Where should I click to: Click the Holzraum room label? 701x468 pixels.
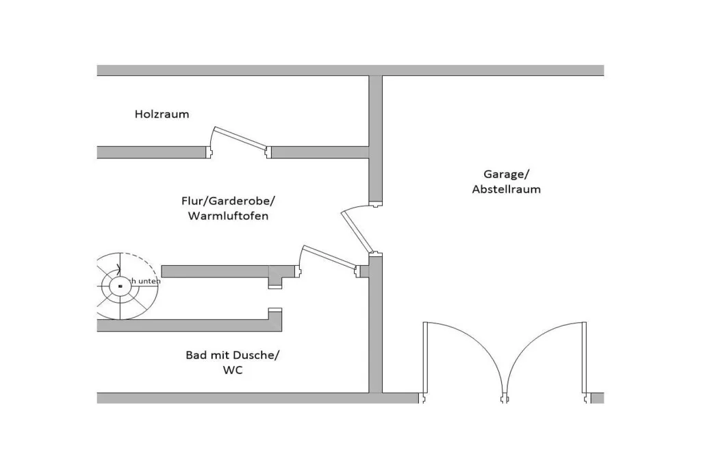coord(162,114)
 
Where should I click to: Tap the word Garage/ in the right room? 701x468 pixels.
coord(506,174)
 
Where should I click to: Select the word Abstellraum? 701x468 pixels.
coord(506,189)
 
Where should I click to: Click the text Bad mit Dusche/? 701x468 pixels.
coord(233,355)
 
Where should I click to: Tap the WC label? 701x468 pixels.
coord(233,370)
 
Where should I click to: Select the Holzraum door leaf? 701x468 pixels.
coord(239,137)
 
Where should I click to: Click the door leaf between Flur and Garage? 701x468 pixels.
coord(357,231)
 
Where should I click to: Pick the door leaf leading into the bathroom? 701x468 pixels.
coord(329,257)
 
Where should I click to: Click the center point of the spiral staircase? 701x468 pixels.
coord(120,285)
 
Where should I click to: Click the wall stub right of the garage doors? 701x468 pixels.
coord(597,398)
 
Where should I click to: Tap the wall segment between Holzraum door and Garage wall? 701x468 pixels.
coord(320,152)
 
